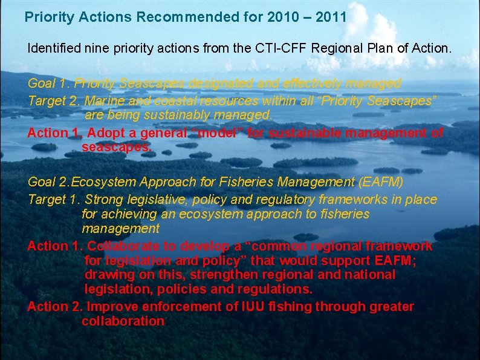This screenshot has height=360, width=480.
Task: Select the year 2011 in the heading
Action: click(331, 17)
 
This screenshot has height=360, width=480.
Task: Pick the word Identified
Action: click(53, 48)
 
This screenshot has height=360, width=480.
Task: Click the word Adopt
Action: click(103, 133)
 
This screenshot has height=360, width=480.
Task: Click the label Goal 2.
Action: click(48, 182)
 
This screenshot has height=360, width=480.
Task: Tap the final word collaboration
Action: click(123, 321)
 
